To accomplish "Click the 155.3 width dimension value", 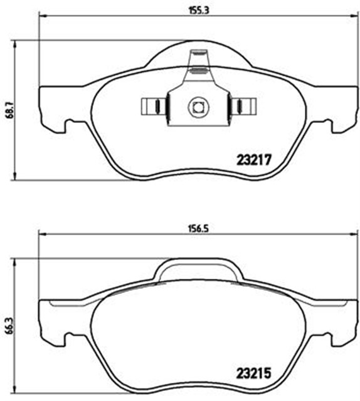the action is [199, 11].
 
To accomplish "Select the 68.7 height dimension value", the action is [10, 110].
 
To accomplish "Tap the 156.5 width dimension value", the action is [199, 229].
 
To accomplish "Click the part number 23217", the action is [253, 160].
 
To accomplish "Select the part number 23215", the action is [253, 373].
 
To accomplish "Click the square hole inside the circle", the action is [198, 107].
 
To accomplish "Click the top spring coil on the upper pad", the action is [199, 53].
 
